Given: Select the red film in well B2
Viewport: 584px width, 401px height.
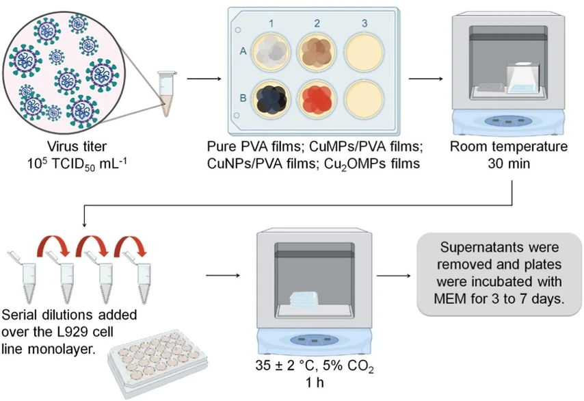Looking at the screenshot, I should (x=317, y=100).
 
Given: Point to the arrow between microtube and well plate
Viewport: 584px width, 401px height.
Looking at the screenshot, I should (x=199, y=78).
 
